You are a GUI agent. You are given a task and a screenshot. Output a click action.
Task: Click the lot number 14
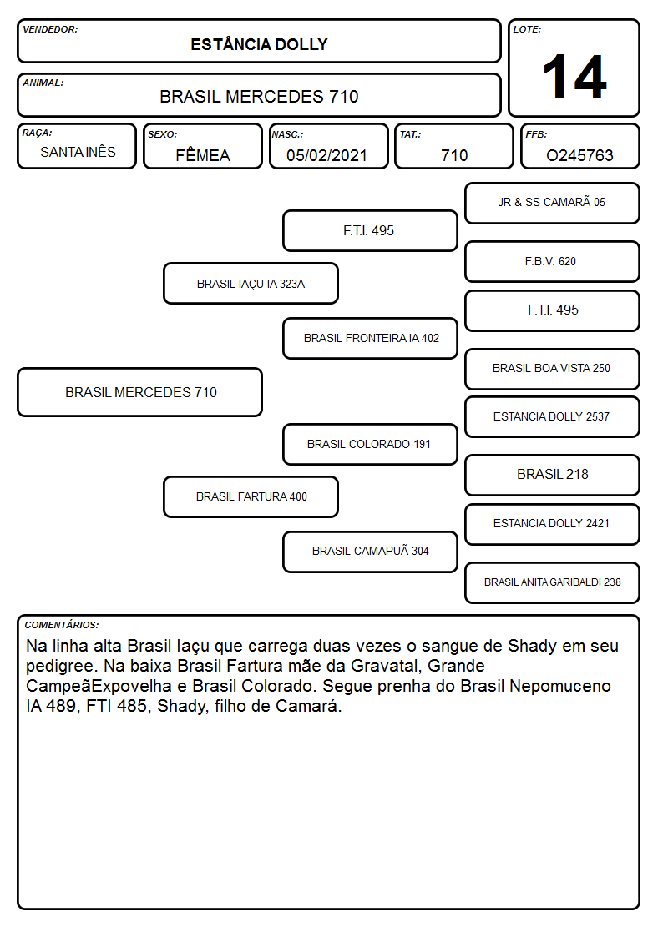click(574, 77)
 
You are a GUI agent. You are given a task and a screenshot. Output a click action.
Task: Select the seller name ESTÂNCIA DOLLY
click(259, 44)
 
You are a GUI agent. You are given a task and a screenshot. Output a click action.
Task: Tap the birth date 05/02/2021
click(326, 155)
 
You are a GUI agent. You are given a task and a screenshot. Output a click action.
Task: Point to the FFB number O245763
click(579, 155)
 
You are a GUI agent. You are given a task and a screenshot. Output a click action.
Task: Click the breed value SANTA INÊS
click(78, 152)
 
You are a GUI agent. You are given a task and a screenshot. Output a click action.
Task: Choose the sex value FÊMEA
click(203, 155)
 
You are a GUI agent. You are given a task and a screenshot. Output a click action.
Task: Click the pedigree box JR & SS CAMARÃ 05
click(552, 204)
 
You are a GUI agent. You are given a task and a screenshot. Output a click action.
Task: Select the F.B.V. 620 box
click(552, 261)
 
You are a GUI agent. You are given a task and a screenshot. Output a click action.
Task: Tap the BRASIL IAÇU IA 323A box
click(251, 283)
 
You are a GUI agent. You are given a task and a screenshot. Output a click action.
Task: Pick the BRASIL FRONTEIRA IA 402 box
click(370, 338)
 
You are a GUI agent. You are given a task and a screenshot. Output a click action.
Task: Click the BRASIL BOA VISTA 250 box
click(552, 369)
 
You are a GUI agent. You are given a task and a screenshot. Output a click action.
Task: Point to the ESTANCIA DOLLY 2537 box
click(552, 416)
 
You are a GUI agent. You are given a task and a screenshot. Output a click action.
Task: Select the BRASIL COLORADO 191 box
click(370, 444)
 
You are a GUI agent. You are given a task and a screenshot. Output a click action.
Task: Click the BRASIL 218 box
click(552, 475)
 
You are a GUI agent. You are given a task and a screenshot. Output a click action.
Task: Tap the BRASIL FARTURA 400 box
click(251, 496)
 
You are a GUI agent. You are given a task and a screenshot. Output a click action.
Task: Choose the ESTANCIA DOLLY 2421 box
click(552, 524)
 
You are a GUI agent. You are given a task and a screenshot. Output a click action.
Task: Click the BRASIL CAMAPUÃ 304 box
click(370, 552)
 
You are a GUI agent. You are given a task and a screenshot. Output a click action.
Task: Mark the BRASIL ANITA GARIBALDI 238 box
click(552, 582)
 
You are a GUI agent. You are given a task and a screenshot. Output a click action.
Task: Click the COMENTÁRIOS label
click(62, 625)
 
